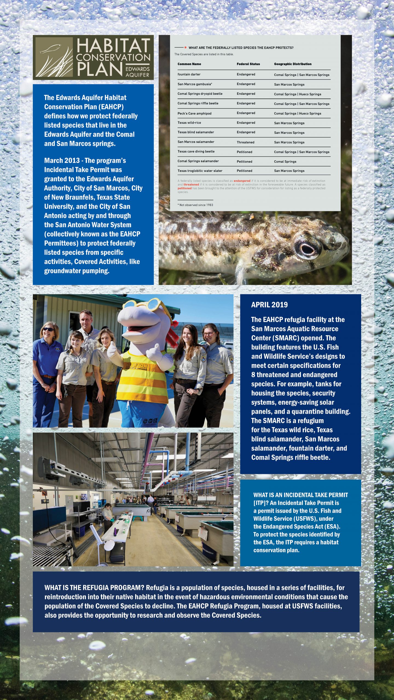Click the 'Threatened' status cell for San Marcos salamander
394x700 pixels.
[x=245, y=142]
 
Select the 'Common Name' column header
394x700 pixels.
[x=189, y=64]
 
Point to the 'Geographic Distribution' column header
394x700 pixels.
[x=292, y=64]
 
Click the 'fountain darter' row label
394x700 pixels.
[x=189, y=74]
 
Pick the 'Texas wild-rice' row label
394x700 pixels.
[x=189, y=123]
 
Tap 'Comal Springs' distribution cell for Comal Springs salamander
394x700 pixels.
[x=285, y=162]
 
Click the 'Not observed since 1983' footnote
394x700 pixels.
[x=196, y=205]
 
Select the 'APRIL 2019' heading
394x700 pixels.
[x=269, y=305]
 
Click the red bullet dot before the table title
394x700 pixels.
[x=185, y=48]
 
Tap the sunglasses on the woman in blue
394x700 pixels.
[x=48, y=329]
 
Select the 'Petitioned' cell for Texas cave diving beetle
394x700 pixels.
[x=244, y=152]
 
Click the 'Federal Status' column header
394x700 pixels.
[x=248, y=64]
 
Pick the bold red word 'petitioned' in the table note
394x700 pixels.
[x=184, y=188]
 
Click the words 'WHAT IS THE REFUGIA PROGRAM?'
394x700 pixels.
[x=94, y=588]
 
